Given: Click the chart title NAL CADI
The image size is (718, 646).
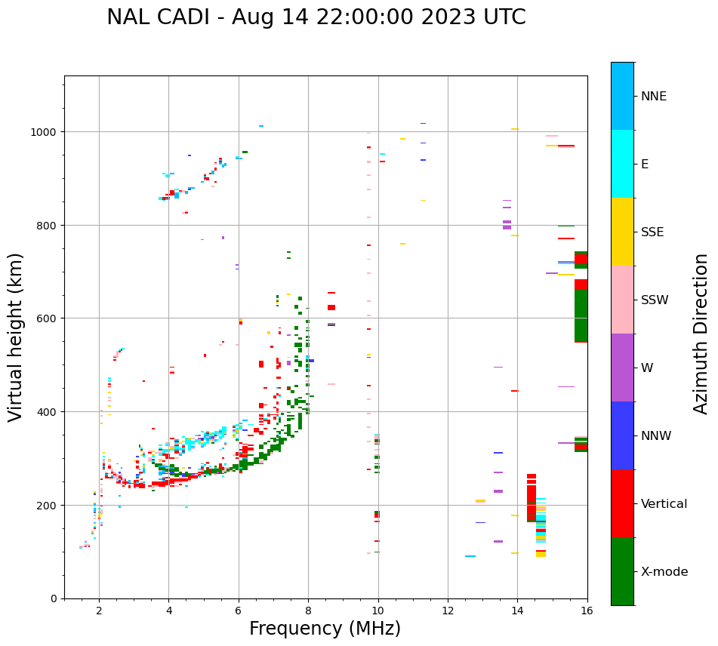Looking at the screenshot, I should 316,17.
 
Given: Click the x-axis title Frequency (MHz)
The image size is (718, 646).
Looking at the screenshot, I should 325,629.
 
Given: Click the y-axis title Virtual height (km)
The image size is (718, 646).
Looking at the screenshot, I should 17,337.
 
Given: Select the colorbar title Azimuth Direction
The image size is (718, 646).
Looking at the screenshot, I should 701,334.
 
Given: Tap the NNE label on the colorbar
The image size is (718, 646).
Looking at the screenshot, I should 654,96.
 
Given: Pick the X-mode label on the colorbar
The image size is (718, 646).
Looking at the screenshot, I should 664,571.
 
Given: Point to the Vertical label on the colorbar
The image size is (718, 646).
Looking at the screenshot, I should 664,503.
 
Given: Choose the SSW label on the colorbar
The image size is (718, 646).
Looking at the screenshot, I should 655,300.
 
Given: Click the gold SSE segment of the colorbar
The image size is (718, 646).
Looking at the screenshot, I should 622,232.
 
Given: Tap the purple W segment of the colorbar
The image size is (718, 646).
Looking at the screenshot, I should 622,368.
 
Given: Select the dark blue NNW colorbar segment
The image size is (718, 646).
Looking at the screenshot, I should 622,435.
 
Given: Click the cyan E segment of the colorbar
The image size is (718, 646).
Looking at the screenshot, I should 622,164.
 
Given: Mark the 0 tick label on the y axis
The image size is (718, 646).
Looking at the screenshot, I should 54,598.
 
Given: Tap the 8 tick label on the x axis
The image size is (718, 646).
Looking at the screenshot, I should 308,611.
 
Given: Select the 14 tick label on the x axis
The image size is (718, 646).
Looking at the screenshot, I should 517,611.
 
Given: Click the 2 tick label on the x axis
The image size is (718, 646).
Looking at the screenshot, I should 99,611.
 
